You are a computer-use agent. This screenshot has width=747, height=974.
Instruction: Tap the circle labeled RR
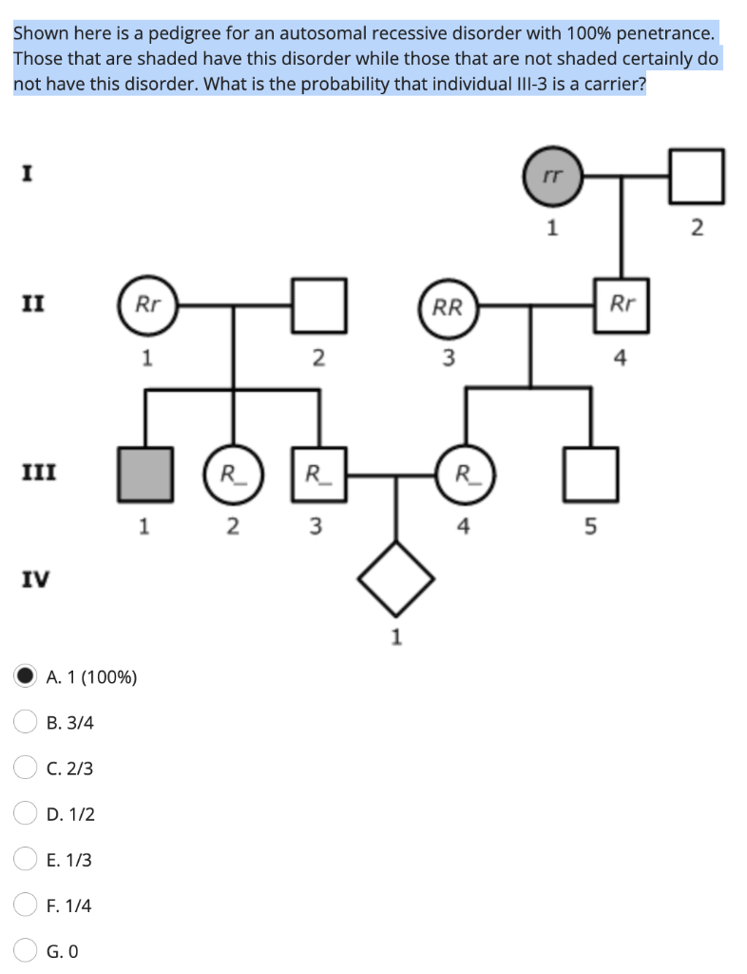(x=448, y=306)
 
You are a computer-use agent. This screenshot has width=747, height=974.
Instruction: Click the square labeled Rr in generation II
(x=622, y=305)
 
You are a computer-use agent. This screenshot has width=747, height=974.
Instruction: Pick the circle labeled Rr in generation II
(x=148, y=305)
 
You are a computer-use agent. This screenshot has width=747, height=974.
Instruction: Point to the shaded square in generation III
(x=144, y=473)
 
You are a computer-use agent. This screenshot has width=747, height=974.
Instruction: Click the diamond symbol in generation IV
(x=396, y=577)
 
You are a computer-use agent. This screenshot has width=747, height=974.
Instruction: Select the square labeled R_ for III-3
(x=316, y=473)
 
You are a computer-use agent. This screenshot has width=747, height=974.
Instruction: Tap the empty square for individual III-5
(x=590, y=473)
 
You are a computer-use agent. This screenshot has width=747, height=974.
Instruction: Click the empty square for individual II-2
(x=317, y=305)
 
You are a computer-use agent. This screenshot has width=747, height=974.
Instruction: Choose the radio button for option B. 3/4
(x=25, y=722)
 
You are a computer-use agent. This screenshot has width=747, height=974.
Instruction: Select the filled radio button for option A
(x=25, y=676)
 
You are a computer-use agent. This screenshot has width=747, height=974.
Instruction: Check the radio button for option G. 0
(x=25, y=950)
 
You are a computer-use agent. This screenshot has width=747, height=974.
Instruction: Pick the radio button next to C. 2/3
(x=25, y=768)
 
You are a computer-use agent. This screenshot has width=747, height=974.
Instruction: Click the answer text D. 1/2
(x=69, y=814)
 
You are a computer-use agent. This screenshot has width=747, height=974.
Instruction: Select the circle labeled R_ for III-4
(x=463, y=473)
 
